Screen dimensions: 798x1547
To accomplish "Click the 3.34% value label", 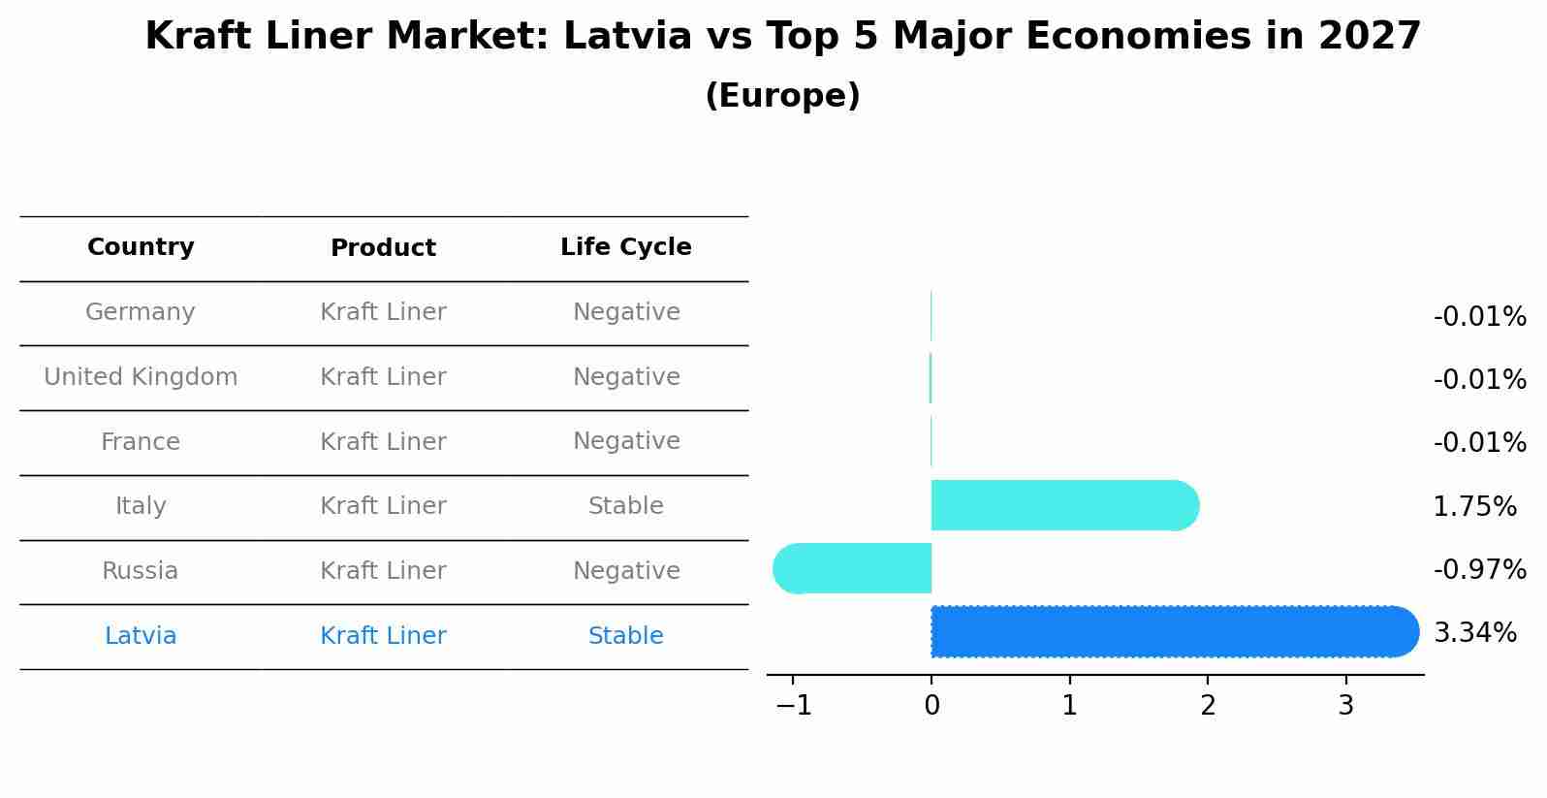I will point(1474,633).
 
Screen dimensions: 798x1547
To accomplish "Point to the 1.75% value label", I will point(1474,506).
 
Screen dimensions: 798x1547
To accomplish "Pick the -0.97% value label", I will point(1479,569).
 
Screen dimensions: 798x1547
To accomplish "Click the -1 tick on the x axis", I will point(794,706).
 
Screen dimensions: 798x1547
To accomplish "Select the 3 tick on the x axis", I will point(1345,706).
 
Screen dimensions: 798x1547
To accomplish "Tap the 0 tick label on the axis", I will point(931,706).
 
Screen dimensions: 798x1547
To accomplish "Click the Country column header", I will point(141,247).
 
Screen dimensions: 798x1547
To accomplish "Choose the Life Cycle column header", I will point(626,247).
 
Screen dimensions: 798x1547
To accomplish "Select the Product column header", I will point(383,248).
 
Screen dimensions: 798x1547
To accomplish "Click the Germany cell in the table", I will point(141,312).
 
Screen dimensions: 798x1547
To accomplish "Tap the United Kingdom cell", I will point(141,377).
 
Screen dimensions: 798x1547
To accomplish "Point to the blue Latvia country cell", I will point(141,636).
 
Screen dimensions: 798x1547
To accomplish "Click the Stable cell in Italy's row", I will point(626,506).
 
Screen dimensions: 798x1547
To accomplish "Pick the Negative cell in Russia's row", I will point(626,571).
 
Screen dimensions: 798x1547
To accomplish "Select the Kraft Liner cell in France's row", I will point(383,442).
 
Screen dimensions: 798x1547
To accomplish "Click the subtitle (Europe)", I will point(782,96).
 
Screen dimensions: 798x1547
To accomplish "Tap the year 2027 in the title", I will point(1369,37).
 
